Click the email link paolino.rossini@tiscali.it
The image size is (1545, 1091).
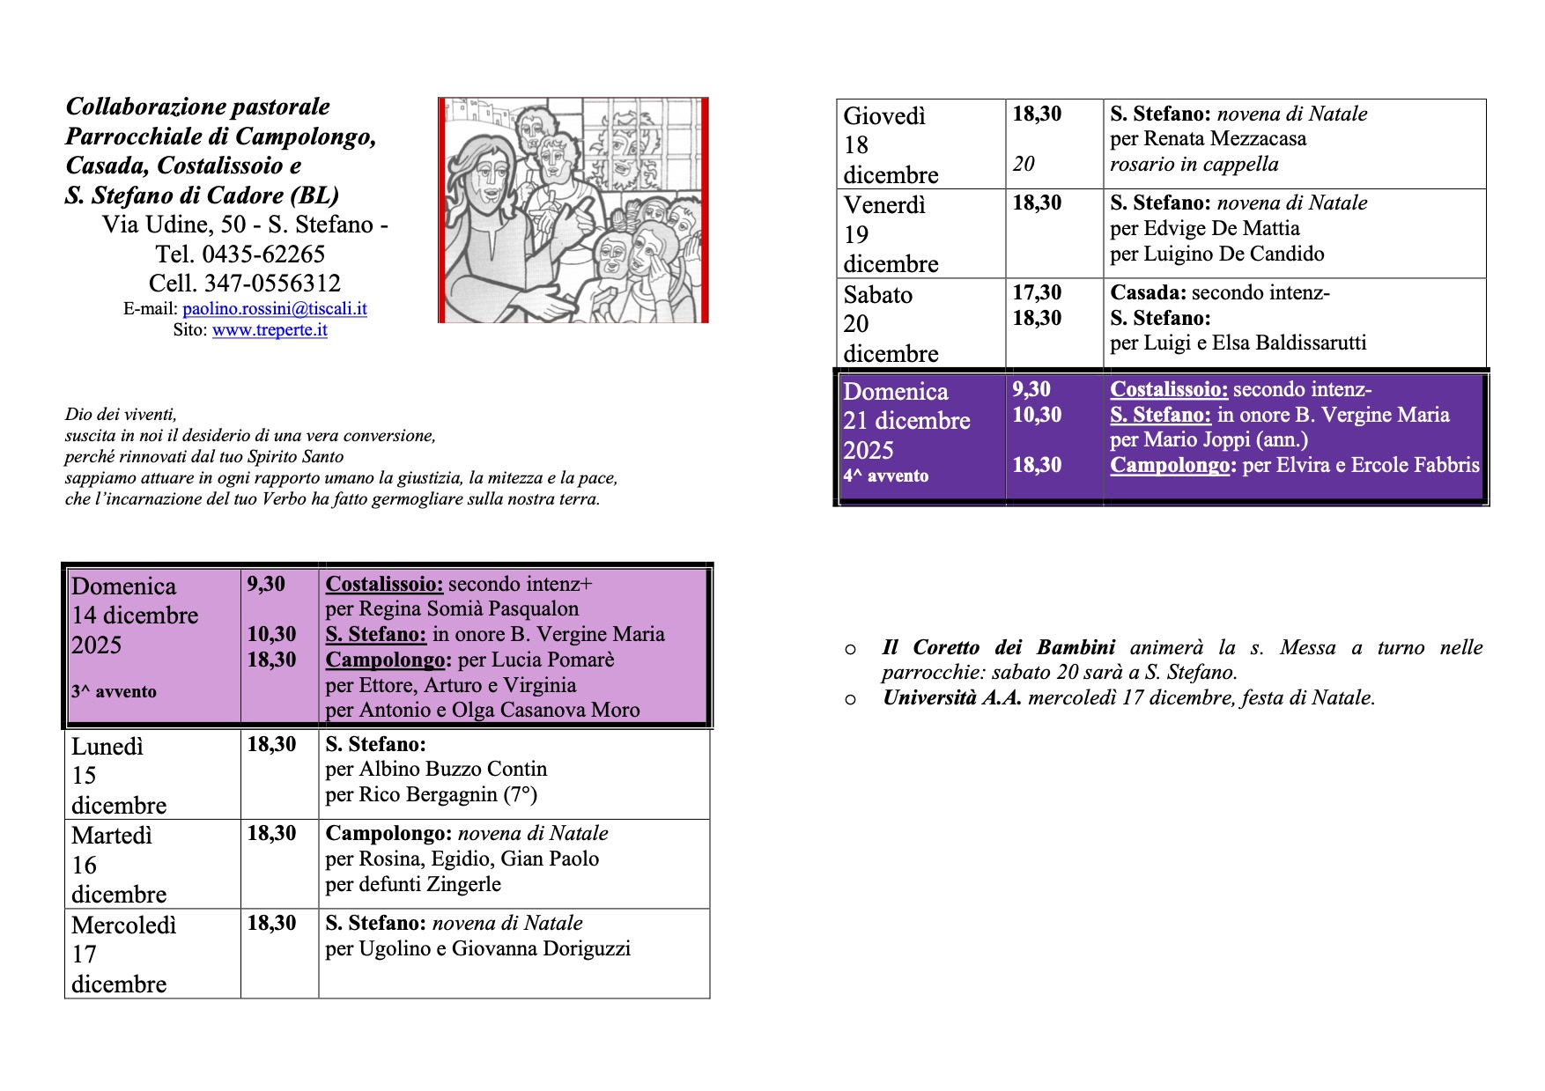click(x=274, y=309)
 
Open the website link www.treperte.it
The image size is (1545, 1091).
click(x=270, y=330)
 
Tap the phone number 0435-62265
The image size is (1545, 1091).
click(x=263, y=254)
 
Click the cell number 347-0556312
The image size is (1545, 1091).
click(x=272, y=284)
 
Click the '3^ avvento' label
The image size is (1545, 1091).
click(x=114, y=692)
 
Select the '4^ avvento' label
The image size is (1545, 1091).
click(x=885, y=476)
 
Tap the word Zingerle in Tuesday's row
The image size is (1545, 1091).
click(x=464, y=885)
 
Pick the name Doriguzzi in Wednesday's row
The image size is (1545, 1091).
click(x=585, y=949)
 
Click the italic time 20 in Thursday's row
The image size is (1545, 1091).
click(x=1024, y=165)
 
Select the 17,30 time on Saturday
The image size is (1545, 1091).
click(x=1037, y=293)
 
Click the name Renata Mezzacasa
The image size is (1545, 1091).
click(x=1224, y=139)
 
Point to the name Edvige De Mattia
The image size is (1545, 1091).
click(x=1221, y=229)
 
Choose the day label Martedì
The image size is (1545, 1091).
click(x=112, y=836)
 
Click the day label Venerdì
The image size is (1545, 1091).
click(x=884, y=205)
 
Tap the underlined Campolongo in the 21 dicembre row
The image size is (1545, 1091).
click(x=1169, y=466)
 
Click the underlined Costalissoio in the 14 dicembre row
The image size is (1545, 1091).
click(x=384, y=584)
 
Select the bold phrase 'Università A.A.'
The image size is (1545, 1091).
click(x=952, y=698)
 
